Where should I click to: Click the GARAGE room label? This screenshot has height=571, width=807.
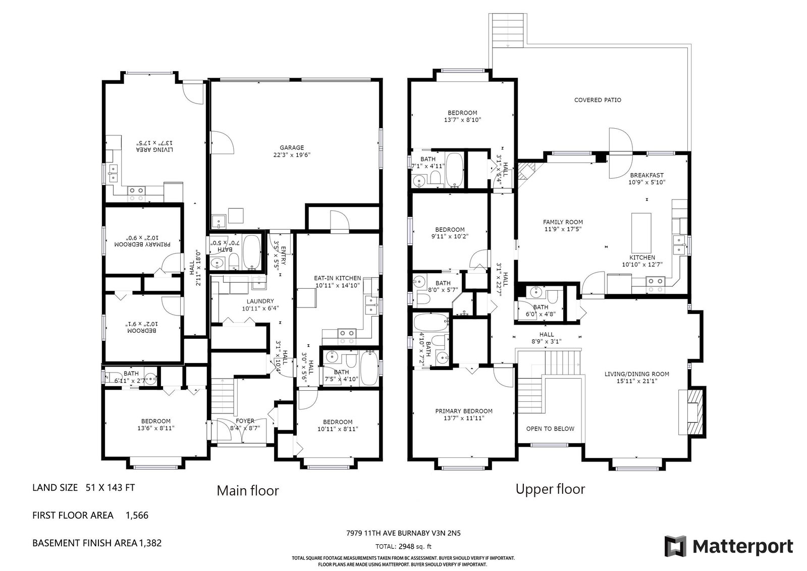click(x=292, y=147)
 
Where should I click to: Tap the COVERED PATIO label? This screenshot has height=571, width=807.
click(x=598, y=100)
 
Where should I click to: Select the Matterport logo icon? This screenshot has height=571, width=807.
click(x=675, y=546)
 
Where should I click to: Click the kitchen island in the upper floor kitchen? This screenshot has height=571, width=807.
click(x=641, y=233)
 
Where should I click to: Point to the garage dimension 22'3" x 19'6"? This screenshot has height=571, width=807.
click(x=292, y=155)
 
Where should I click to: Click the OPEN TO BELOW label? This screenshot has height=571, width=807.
click(x=550, y=429)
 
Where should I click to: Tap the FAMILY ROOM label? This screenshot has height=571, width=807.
click(x=563, y=222)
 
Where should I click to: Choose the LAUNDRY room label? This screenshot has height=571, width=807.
click(x=260, y=301)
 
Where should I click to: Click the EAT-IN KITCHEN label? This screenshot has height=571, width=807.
click(x=337, y=278)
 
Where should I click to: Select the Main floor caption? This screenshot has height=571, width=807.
click(x=248, y=491)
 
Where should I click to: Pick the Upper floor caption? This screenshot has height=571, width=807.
click(x=550, y=489)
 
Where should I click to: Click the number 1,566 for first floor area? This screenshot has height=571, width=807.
click(x=137, y=515)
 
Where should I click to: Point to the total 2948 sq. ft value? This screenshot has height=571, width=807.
click(x=414, y=546)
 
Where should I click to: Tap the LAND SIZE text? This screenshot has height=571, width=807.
click(x=55, y=488)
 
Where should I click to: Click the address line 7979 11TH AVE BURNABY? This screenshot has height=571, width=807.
click(x=388, y=533)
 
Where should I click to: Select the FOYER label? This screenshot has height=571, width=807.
click(x=245, y=421)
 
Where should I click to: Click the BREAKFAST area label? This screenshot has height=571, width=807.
click(x=647, y=175)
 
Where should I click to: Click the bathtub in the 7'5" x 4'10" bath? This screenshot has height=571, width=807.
click(x=369, y=368)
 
